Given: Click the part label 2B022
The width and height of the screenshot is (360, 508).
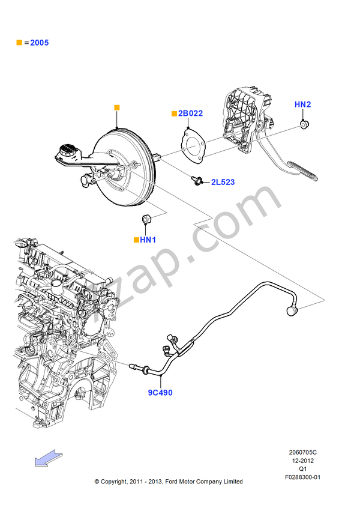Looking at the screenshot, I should click(190, 113).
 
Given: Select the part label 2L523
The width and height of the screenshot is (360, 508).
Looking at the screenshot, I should click(223, 181).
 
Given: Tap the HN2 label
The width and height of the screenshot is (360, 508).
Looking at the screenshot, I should click(302, 104).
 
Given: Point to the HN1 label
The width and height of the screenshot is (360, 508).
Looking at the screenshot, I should click(148, 240).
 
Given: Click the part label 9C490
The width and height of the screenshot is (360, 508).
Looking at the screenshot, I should click(160, 393).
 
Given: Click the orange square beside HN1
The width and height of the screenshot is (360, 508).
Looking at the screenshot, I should click(137, 240).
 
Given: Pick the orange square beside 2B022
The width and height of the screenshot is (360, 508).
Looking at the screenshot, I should click(174, 113).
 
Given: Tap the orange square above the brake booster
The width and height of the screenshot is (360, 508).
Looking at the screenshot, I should click(117, 107).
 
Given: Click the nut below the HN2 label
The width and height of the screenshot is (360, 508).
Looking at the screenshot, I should click(304, 124).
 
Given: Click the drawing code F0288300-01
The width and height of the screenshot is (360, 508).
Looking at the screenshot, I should click(303, 477).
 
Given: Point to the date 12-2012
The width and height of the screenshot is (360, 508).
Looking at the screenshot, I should click(303, 461).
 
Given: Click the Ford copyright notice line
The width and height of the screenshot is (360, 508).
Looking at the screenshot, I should click(169, 482).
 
